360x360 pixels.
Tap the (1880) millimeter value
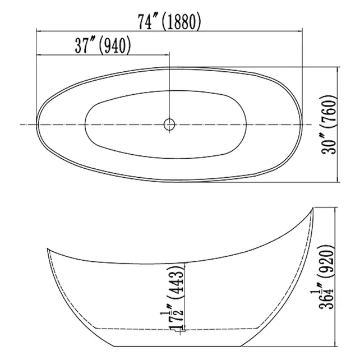181,21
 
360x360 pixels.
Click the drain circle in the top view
169,124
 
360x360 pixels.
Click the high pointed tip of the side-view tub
312,209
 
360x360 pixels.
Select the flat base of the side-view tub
179,344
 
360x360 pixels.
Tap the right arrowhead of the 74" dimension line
301,31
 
